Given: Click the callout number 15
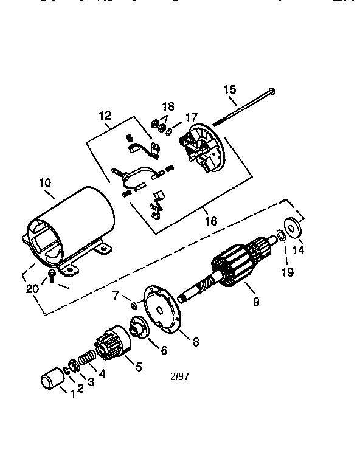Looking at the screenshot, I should (x=229, y=90).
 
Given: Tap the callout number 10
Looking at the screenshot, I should (x=45, y=182).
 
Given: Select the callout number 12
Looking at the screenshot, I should (x=105, y=116).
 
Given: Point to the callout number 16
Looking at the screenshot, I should (x=210, y=221).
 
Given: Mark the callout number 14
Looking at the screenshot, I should (x=298, y=249).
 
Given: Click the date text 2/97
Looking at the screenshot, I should (x=179, y=376).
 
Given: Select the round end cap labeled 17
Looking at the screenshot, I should (x=201, y=147).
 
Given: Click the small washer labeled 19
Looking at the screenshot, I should (x=280, y=235).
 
